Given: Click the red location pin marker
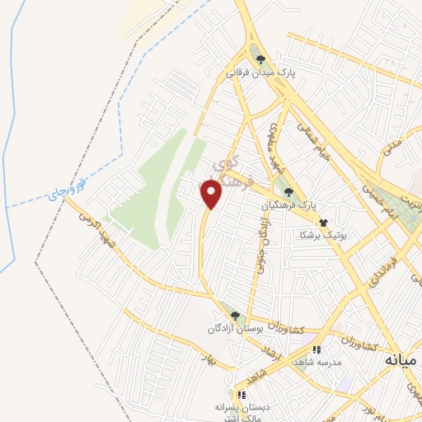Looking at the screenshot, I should [211, 194].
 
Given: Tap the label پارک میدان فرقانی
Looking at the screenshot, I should [261, 72].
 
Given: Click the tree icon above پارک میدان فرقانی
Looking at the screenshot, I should [261, 59].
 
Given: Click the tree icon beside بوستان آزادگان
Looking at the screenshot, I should [235, 316].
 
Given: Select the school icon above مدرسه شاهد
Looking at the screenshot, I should [316, 350].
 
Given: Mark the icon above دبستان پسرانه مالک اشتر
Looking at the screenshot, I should [241, 395].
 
